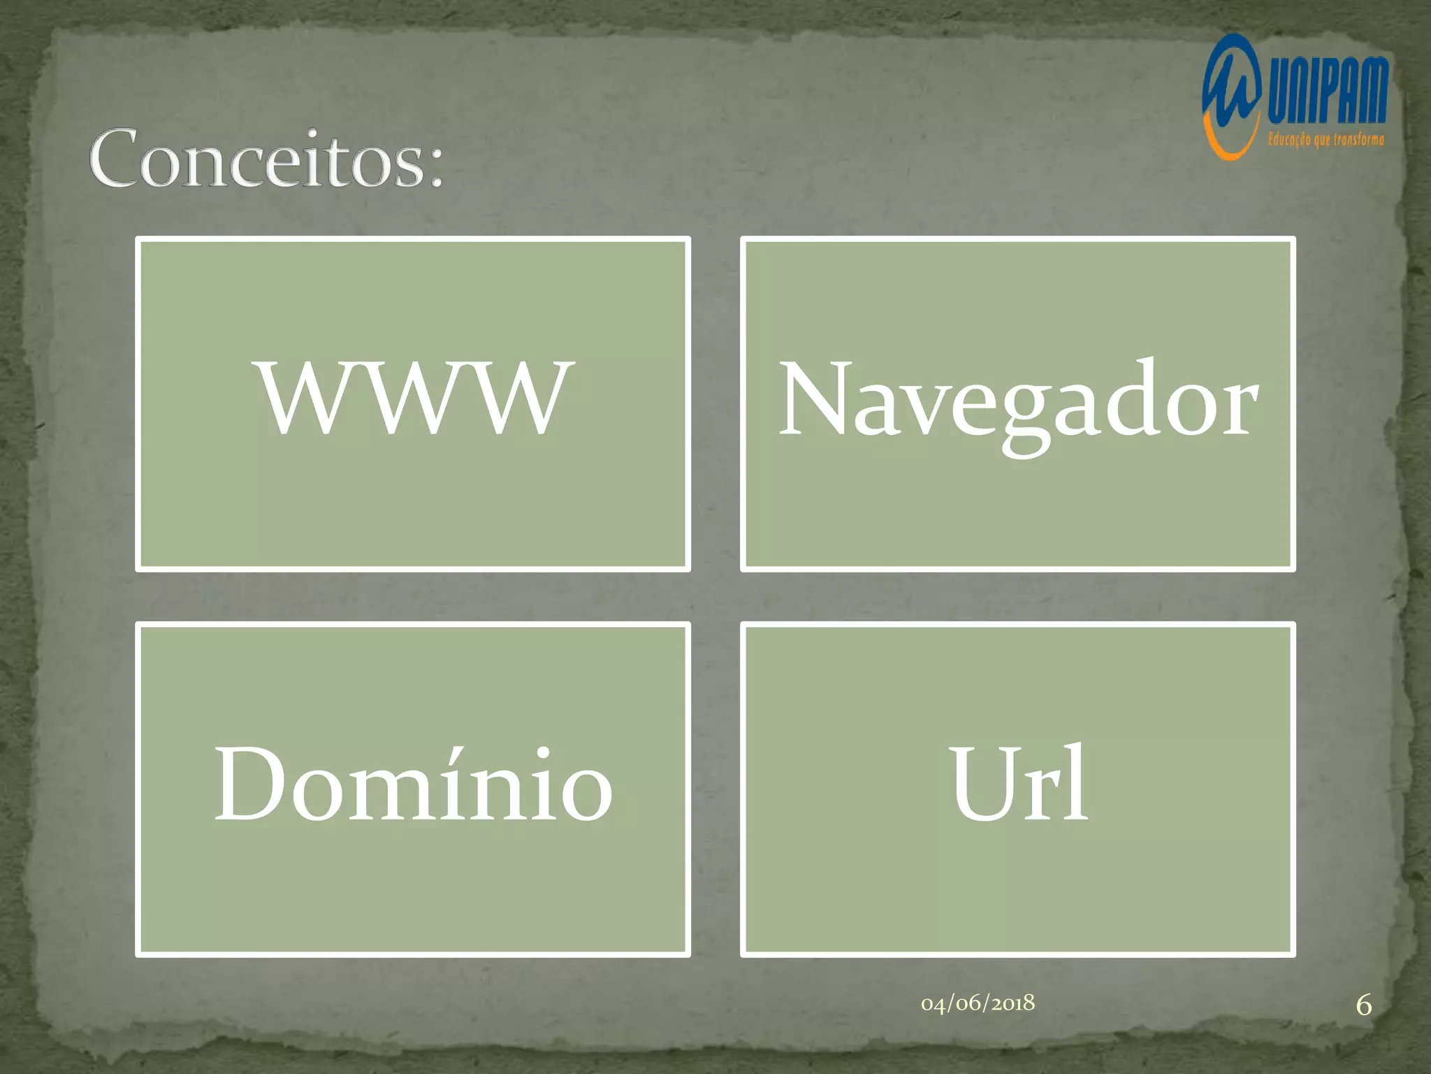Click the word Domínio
coord(413,785)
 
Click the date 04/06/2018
coord(978,1003)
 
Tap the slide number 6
coord(1363,1005)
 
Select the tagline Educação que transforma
coord(1325,140)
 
